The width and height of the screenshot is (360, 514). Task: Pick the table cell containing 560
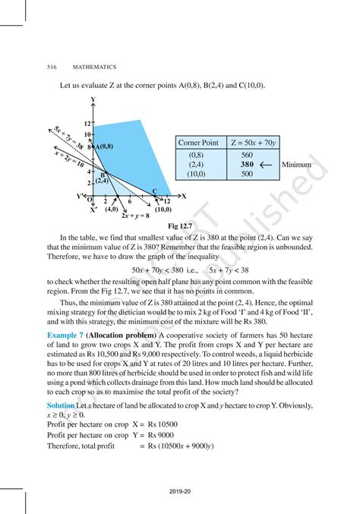click(246, 154)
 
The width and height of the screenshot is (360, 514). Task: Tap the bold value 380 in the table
click(246, 164)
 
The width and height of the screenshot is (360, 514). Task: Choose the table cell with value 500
click(246, 174)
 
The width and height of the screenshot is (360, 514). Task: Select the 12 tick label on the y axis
click(87, 123)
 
